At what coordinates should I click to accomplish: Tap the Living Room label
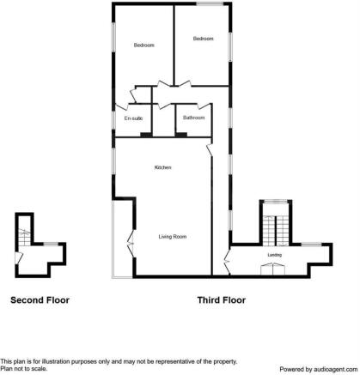(173, 236)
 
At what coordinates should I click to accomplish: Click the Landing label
(275, 254)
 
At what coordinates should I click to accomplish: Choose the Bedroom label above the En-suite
(143, 45)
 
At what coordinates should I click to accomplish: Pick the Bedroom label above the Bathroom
(203, 39)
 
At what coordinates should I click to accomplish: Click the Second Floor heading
(40, 300)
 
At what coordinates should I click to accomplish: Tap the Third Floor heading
(222, 300)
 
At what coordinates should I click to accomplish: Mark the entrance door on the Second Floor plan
(19, 258)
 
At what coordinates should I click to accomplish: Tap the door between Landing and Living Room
(227, 255)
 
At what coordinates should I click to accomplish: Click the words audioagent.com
(331, 369)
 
